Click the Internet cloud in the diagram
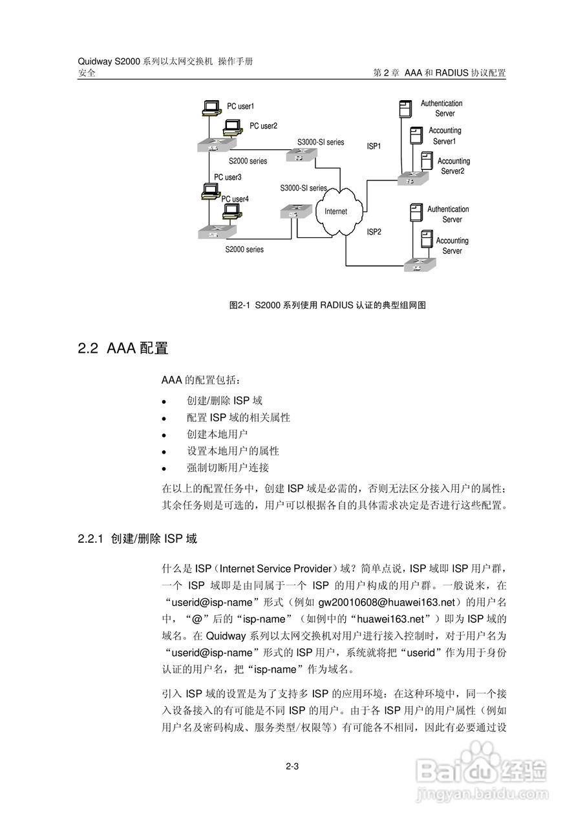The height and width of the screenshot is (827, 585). pos(335,211)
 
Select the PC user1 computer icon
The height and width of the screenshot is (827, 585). pos(210,108)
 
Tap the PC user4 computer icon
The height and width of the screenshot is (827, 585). pos(232,211)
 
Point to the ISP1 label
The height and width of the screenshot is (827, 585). pos(374,147)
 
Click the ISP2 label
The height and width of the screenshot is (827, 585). pos(374,231)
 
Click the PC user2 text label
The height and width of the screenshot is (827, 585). pos(264,126)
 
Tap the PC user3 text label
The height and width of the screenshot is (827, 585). pos(228,177)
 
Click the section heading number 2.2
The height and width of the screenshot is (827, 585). pos(87,349)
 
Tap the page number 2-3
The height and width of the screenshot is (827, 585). pos(292,767)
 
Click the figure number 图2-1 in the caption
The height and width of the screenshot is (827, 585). pos(239,305)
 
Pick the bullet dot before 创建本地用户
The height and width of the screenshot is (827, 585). pos(165,435)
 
